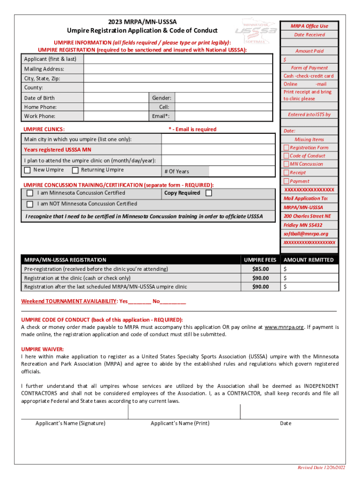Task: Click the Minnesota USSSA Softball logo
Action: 254,31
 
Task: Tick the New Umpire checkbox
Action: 27,170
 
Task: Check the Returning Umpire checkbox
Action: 75,170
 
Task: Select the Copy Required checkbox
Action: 209,193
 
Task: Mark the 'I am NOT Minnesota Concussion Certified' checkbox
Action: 30,204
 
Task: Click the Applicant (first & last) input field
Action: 178,59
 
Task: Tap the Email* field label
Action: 161,116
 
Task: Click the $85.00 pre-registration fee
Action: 260,269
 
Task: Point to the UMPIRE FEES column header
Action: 260,260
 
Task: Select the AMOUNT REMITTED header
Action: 309,260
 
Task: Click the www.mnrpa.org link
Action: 284,327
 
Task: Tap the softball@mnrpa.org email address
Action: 306,233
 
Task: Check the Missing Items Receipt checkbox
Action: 286,173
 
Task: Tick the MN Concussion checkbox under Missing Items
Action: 286,164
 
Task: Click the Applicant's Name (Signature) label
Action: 70,423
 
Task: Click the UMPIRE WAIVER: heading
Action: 43,349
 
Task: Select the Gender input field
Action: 223,98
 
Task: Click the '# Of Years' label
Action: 177,172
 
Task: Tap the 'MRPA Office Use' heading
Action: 309,26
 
